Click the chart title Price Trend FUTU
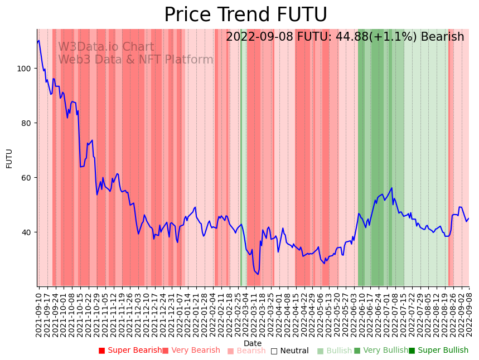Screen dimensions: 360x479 [x=245, y=15]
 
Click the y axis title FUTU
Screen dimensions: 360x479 [x=9, y=158]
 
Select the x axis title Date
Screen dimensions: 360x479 [x=253, y=343]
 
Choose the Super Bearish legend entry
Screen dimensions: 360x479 [x=130, y=351]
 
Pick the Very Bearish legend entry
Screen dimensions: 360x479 [x=191, y=351]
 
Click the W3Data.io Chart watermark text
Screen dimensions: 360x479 [x=106, y=47]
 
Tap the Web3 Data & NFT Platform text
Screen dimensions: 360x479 [x=136, y=60]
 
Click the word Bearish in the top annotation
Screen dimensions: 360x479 [x=442, y=37]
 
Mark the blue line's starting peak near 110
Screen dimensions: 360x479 [x=39, y=41]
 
